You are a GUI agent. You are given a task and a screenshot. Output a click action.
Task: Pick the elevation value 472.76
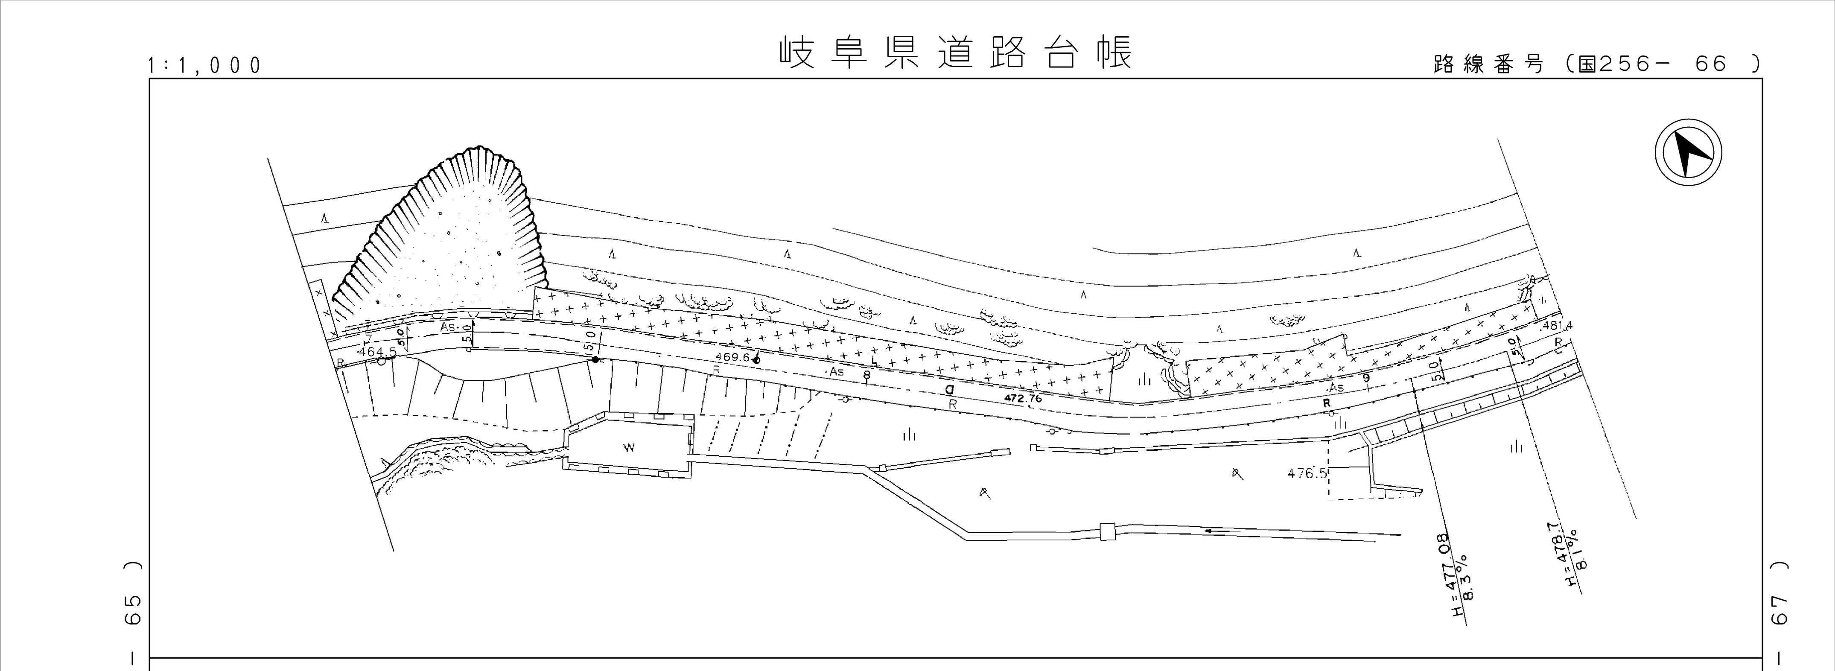tap(1022, 399)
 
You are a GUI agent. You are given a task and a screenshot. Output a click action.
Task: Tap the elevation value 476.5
tap(1307, 473)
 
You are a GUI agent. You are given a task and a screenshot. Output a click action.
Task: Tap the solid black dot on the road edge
tap(595, 360)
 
